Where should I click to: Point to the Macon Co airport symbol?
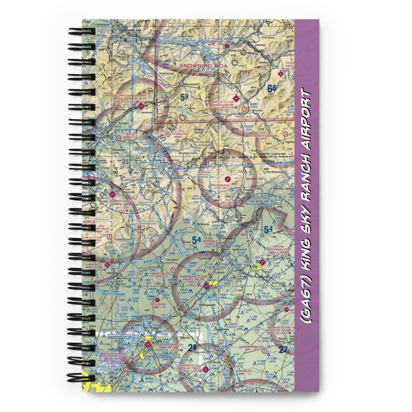coord(236,99)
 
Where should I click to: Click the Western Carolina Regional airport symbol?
coord(141,106)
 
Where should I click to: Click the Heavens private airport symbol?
coord(227,180)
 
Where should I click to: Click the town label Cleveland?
coord(172,260)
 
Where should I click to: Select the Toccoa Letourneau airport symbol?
coord(262,261)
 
